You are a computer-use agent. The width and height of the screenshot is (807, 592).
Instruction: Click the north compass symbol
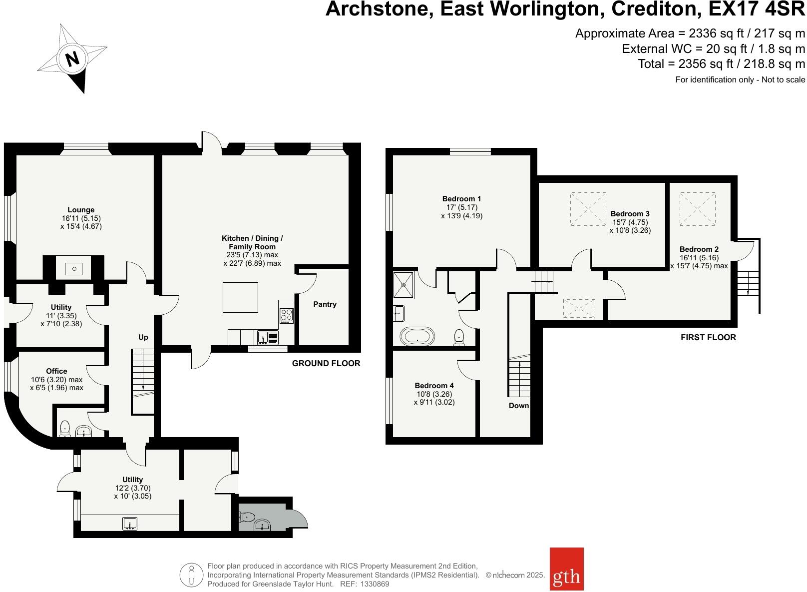[73, 59]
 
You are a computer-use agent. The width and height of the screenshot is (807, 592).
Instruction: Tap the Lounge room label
[81, 210]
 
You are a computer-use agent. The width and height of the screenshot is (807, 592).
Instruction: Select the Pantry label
[325, 304]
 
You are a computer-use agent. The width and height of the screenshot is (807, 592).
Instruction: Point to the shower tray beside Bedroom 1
[403, 285]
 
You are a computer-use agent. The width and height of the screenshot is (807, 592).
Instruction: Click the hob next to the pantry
[287, 315]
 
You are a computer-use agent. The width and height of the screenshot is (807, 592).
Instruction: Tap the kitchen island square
[240, 297]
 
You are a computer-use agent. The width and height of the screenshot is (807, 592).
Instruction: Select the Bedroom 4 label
[434, 386]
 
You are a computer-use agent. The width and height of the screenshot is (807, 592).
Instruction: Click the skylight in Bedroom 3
[588, 208]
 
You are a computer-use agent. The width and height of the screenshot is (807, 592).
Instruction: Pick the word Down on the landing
[518, 406]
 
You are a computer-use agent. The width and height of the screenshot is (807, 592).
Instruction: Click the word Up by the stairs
[143, 337]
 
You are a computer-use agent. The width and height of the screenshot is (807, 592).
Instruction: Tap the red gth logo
[566, 576]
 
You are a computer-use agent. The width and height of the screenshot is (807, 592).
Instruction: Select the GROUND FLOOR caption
[326, 363]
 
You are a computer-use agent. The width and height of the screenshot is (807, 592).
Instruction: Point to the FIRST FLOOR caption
[708, 337]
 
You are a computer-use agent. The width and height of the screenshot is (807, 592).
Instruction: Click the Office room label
[56, 371]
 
